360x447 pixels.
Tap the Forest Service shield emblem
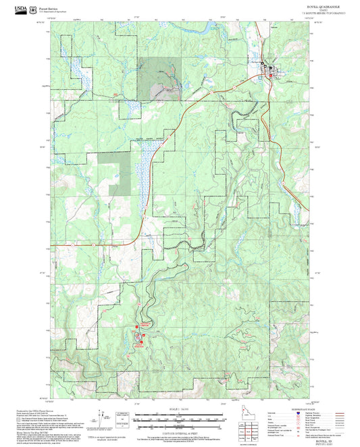(35, 9)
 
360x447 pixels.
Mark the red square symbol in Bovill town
(272, 69)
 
